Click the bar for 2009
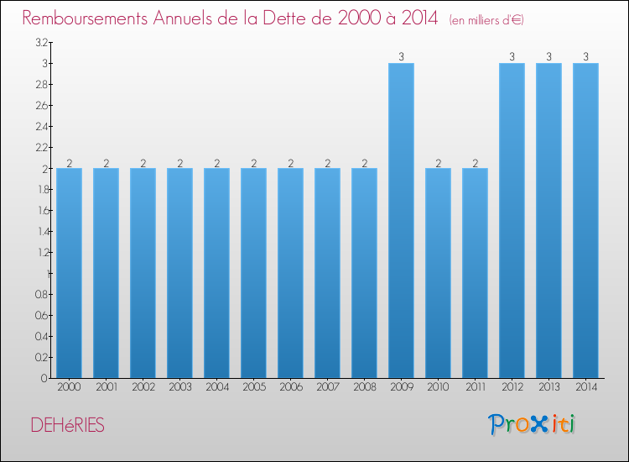[x=401, y=220]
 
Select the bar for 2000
[x=69, y=273]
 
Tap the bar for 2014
[x=585, y=220]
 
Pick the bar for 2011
[x=475, y=273]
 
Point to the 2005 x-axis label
[x=253, y=387]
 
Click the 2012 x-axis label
[x=512, y=387]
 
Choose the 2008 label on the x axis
[x=364, y=387]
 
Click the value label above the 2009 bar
[x=401, y=57]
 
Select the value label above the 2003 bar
[x=179, y=163]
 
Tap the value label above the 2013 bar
[x=548, y=57]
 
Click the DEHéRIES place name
[x=67, y=426]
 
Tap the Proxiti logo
[x=533, y=424]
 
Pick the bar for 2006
[x=290, y=273]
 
